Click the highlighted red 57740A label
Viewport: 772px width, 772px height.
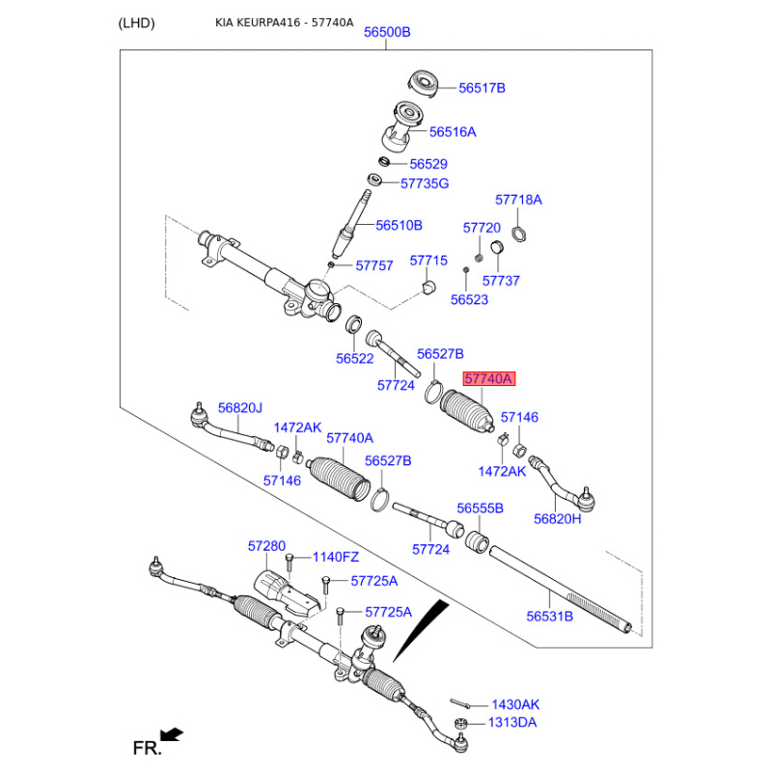[489, 379]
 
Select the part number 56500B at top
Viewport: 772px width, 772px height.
[387, 32]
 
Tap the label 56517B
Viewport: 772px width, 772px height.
[482, 88]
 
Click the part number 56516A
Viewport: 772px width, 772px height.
[453, 131]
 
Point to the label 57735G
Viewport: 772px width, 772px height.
[425, 183]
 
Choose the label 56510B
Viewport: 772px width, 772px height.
[399, 225]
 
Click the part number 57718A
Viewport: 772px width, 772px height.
[518, 200]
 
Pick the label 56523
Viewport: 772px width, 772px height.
[469, 300]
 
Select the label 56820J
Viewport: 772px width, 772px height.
[239, 408]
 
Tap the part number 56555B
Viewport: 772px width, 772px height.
[481, 508]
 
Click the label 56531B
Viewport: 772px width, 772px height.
[549, 616]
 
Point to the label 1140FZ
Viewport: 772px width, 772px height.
[335, 557]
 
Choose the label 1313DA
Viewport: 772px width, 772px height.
[513, 722]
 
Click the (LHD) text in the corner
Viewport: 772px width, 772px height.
[136, 23]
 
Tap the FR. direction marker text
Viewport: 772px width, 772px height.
[145, 747]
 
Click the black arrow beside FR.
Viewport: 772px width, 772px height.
[173, 735]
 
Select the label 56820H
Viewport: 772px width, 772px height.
[558, 518]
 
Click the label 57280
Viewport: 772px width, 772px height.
[266, 546]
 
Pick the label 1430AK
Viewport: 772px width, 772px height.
[515, 704]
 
